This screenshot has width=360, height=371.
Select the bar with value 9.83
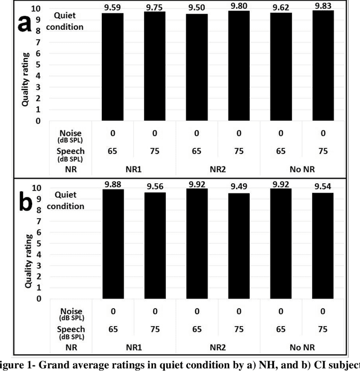click(323, 66)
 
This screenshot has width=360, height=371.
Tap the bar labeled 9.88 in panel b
click(113, 244)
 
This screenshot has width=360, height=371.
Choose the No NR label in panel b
click(302, 347)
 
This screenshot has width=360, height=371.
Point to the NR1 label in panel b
click(134, 347)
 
